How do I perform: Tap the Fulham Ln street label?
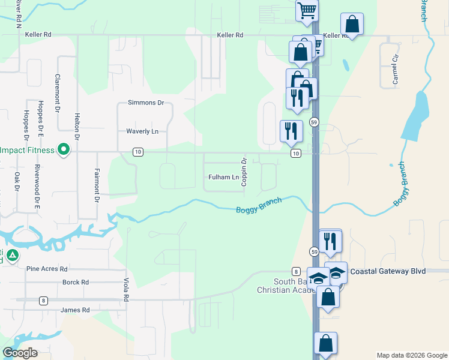[x=223, y=177]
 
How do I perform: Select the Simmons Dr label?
[x=146, y=103]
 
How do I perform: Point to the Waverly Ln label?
[x=142, y=131]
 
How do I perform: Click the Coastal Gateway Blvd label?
[x=388, y=271]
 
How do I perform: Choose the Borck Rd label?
[x=76, y=282]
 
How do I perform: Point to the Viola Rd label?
[x=127, y=289]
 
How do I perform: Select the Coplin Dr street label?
[x=244, y=172]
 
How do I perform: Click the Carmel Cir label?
[x=396, y=71]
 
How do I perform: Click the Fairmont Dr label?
[x=96, y=185]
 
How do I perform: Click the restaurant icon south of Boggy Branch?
[x=330, y=241]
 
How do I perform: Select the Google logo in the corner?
[x=20, y=353]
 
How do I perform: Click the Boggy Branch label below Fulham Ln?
[x=259, y=206]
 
